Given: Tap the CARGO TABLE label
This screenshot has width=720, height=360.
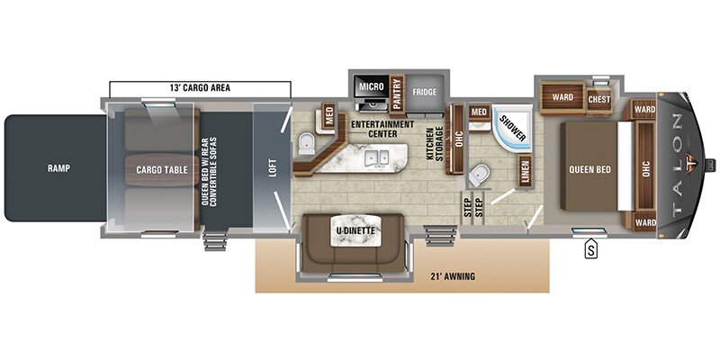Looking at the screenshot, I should point(161,168).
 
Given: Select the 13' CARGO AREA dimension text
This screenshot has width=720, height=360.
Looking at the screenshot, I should point(201,87).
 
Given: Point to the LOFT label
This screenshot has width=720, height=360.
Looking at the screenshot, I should point(271,168).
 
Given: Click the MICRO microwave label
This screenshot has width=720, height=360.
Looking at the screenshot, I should point(372,85).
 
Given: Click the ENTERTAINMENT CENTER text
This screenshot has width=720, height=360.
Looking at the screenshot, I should point(382,129).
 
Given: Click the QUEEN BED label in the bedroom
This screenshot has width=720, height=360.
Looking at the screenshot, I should point(590,168).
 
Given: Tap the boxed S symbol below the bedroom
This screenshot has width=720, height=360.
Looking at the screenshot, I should point(591,248).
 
